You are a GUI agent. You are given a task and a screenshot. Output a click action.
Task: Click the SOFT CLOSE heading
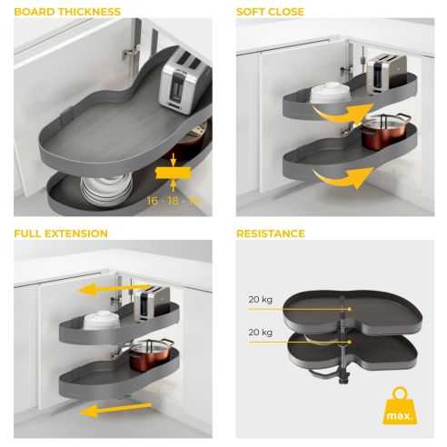[x=270, y=12]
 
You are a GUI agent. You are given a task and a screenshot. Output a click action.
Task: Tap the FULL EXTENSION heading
[x=61, y=233]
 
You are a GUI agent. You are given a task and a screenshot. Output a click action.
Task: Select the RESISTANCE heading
[x=271, y=233]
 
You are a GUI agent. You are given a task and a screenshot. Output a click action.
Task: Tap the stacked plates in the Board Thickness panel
[x=100, y=189]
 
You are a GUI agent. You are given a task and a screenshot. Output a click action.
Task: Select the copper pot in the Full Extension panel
[x=149, y=355]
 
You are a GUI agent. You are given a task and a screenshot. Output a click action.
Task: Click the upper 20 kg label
[x=260, y=299]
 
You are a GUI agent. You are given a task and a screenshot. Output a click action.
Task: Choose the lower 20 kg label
[x=260, y=333]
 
